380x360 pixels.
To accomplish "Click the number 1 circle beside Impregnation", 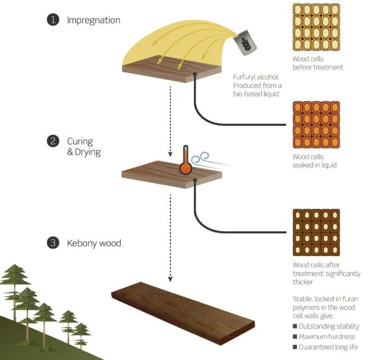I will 52,20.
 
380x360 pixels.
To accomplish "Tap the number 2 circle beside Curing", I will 52,142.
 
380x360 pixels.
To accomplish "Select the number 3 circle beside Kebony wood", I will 52,243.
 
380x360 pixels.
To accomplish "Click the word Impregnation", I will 93,20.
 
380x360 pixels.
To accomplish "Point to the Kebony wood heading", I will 94,243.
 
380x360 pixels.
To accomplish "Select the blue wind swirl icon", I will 201,158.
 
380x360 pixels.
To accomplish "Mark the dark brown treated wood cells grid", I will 316,232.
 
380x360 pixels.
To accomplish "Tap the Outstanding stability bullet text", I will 326,326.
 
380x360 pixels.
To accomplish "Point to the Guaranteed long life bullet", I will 326,348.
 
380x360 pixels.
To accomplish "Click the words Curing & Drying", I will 84,147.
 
